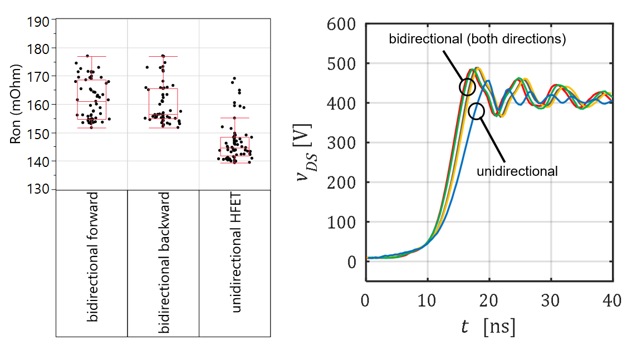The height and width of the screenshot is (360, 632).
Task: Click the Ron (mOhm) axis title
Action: [x=17, y=105]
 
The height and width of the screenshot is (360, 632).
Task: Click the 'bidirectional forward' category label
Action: [x=92, y=257]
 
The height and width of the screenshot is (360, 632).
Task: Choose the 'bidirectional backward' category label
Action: [x=164, y=263]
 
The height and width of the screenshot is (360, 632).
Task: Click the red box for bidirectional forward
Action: [x=92, y=100]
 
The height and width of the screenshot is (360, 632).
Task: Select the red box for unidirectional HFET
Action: [x=234, y=146]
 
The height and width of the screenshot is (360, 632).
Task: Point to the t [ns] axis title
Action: [x=488, y=327]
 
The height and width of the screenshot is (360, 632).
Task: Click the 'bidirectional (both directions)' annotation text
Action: [x=477, y=40]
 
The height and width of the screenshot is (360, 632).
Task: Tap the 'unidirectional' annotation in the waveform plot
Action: [x=517, y=171]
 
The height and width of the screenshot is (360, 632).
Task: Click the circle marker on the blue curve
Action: [x=477, y=111]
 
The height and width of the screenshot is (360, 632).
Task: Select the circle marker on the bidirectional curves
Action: [x=467, y=86]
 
